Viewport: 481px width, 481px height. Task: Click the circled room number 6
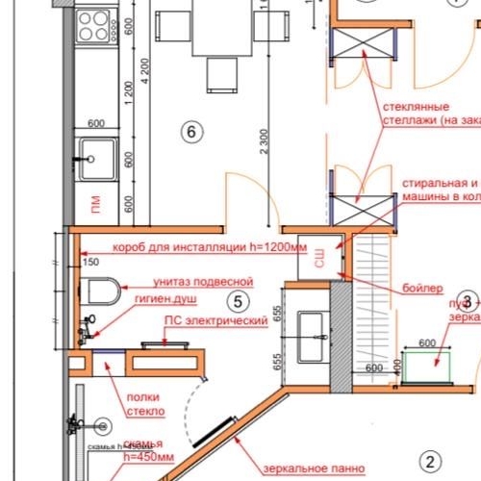[x=191, y=132]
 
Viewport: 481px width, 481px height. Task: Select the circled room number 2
[x=432, y=461]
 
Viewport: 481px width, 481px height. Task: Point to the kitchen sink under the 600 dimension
[x=97, y=155]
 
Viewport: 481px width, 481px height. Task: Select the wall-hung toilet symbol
[x=101, y=289]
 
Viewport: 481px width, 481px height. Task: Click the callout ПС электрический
[x=215, y=320]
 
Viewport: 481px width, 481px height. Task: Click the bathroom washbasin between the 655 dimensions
[x=314, y=339]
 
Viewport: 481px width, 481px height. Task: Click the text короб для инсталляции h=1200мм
[x=209, y=246]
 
